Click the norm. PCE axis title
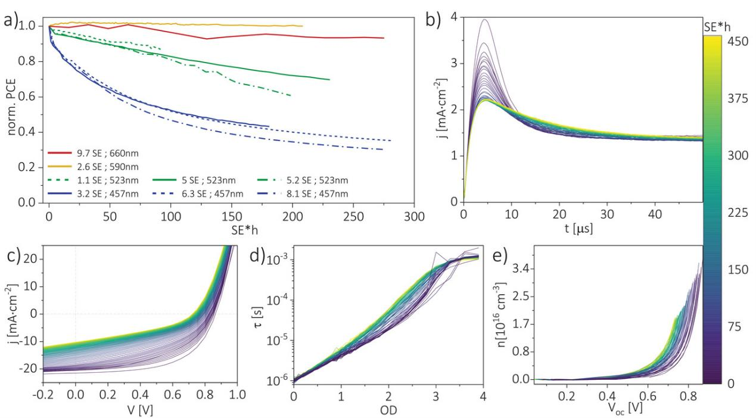click(11, 111)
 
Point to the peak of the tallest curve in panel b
click(485, 20)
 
